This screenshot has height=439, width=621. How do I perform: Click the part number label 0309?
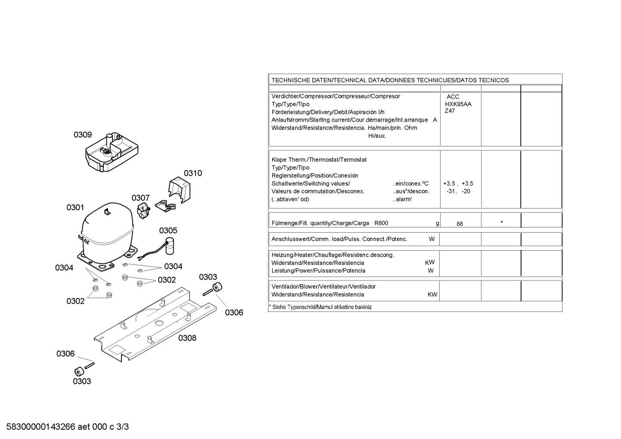[x=83, y=135]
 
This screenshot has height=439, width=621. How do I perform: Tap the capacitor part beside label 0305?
[x=170, y=246]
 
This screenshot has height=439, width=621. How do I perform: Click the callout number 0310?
[x=193, y=173]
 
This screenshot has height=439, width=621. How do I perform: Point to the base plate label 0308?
[x=187, y=338]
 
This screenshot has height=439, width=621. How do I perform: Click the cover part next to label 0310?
[x=180, y=190]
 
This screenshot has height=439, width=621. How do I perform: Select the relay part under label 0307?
[x=143, y=211]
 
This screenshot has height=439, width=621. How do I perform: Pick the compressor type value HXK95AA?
[x=458, y=104]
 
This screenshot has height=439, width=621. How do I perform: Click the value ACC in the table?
[x=453, y=97]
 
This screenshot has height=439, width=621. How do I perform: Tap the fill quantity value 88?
[x=460, y=224]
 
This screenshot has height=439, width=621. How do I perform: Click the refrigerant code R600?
[x=381, y=223]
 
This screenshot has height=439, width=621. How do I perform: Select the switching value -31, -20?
[x=458, y=191]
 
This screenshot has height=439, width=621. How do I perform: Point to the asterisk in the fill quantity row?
[x=502, y=222]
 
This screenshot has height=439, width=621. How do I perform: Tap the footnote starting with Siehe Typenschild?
[x=320, y=307]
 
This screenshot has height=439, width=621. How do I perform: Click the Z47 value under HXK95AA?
[x=450, y=111]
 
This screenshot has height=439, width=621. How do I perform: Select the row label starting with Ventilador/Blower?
[x=323, y=286]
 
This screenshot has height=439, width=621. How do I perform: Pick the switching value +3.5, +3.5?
[x=458, y=184]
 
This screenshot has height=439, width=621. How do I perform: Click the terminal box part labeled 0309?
[x=112, y=152]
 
